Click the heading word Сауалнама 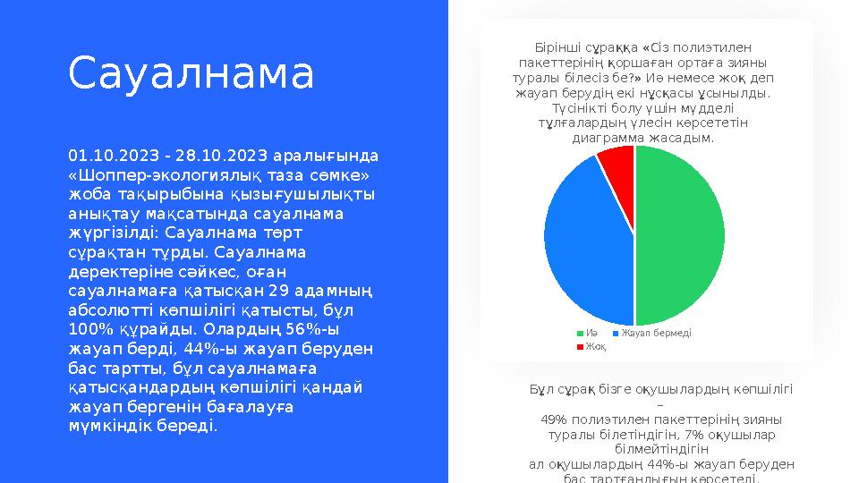click(x=191, y=74)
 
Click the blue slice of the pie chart click(x=582, y=241)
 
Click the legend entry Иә click(x=591, y=333)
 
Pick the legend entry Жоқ click(x=595, y=346)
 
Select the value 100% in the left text click(x=89, y=329)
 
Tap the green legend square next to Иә click(x=580, y=333)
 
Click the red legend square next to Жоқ click(x=580, y=346)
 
